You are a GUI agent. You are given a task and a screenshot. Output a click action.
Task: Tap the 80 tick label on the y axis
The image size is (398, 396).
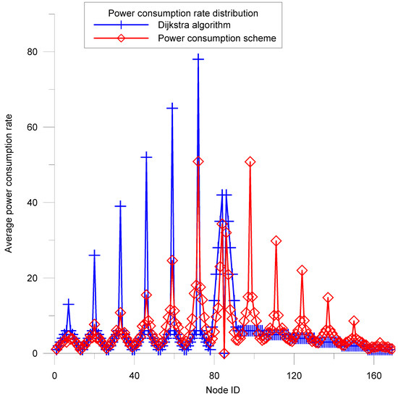[33, 51]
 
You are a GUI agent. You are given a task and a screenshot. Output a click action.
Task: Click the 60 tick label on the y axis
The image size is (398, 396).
[33, 127]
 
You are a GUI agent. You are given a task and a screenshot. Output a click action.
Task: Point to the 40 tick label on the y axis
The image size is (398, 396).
[33, 203]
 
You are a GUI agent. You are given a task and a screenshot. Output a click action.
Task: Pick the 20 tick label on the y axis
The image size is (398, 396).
[33, 278]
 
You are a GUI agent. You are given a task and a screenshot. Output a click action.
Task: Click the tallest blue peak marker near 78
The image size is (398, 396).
[198, 58]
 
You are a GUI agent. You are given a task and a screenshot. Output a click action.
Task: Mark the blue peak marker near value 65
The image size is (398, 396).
[172, 107]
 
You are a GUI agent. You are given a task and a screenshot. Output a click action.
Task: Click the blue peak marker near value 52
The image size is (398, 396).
[146, 156]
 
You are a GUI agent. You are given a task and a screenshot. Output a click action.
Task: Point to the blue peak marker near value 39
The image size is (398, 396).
[120, 206]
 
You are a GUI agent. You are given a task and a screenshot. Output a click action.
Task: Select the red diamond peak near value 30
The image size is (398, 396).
[276, 241]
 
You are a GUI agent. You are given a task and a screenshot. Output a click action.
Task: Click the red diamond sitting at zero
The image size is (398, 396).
[225, 353]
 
